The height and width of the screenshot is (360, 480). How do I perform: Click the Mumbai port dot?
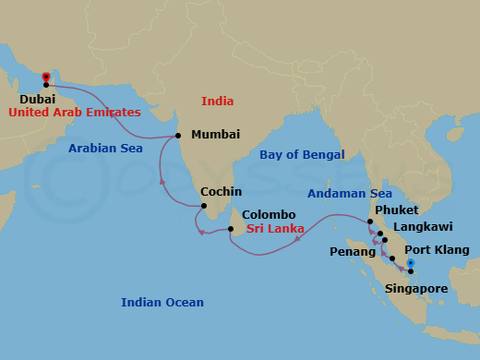click(177, 135)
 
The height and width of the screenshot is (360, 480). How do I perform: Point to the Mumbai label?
click(215, 135)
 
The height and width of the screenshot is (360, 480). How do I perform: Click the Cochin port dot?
click(204, 207)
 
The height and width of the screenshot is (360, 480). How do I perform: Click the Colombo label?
click(270, 214)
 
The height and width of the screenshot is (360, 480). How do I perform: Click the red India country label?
click(218, 101)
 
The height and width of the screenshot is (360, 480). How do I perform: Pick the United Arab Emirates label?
click(75, 112)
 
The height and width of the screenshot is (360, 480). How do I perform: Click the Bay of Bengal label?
click(302, 154)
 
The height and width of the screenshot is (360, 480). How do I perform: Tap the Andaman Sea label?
click(350, 195)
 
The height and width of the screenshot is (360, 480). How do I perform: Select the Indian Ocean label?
click(162, 302)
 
